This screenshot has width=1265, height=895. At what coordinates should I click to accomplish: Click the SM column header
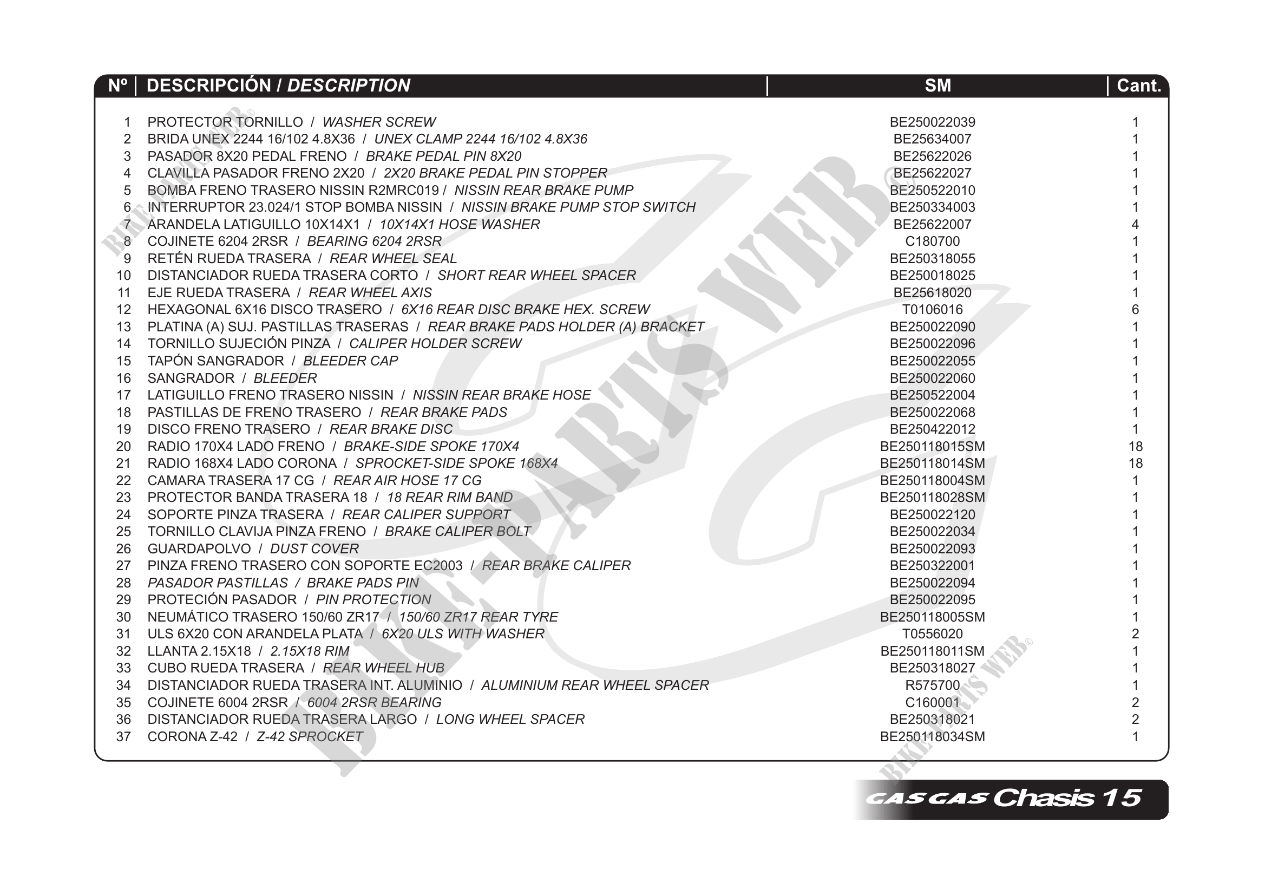coord(937,86)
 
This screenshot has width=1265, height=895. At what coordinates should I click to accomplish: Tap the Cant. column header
coord(1138,86)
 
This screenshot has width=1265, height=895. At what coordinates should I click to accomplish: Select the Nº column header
coord(117,86)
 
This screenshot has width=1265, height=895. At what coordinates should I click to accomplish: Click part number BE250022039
coord(932,122)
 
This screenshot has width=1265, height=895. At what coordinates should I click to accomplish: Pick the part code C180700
coord(932,241)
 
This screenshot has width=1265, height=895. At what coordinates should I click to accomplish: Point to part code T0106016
coord(932,310)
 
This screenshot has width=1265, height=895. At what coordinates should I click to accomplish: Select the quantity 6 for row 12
coord(1135,310)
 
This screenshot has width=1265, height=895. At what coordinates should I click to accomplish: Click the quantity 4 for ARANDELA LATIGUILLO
coord(1135,224)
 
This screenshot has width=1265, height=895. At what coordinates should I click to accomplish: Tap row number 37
coord(123,737)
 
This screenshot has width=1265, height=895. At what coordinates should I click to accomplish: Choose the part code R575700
coord(932,685)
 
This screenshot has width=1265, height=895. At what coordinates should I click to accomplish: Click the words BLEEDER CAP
coord(350,361)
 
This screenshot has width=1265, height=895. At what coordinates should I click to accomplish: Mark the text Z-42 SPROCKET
coord(310,737)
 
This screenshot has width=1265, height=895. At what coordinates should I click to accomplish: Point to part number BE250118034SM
coord(932,737)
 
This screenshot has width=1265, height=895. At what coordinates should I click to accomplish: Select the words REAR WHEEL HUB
coord(383,668)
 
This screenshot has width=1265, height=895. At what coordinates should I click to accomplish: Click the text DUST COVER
coord(314,549)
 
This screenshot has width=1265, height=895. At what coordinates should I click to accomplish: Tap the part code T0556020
coord(932,635)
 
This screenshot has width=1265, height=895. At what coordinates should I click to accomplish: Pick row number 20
coord(123,446)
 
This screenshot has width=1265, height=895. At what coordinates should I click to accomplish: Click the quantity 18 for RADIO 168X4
coord(1135,463)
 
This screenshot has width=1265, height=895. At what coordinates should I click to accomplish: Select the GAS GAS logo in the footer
coord(926,799)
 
